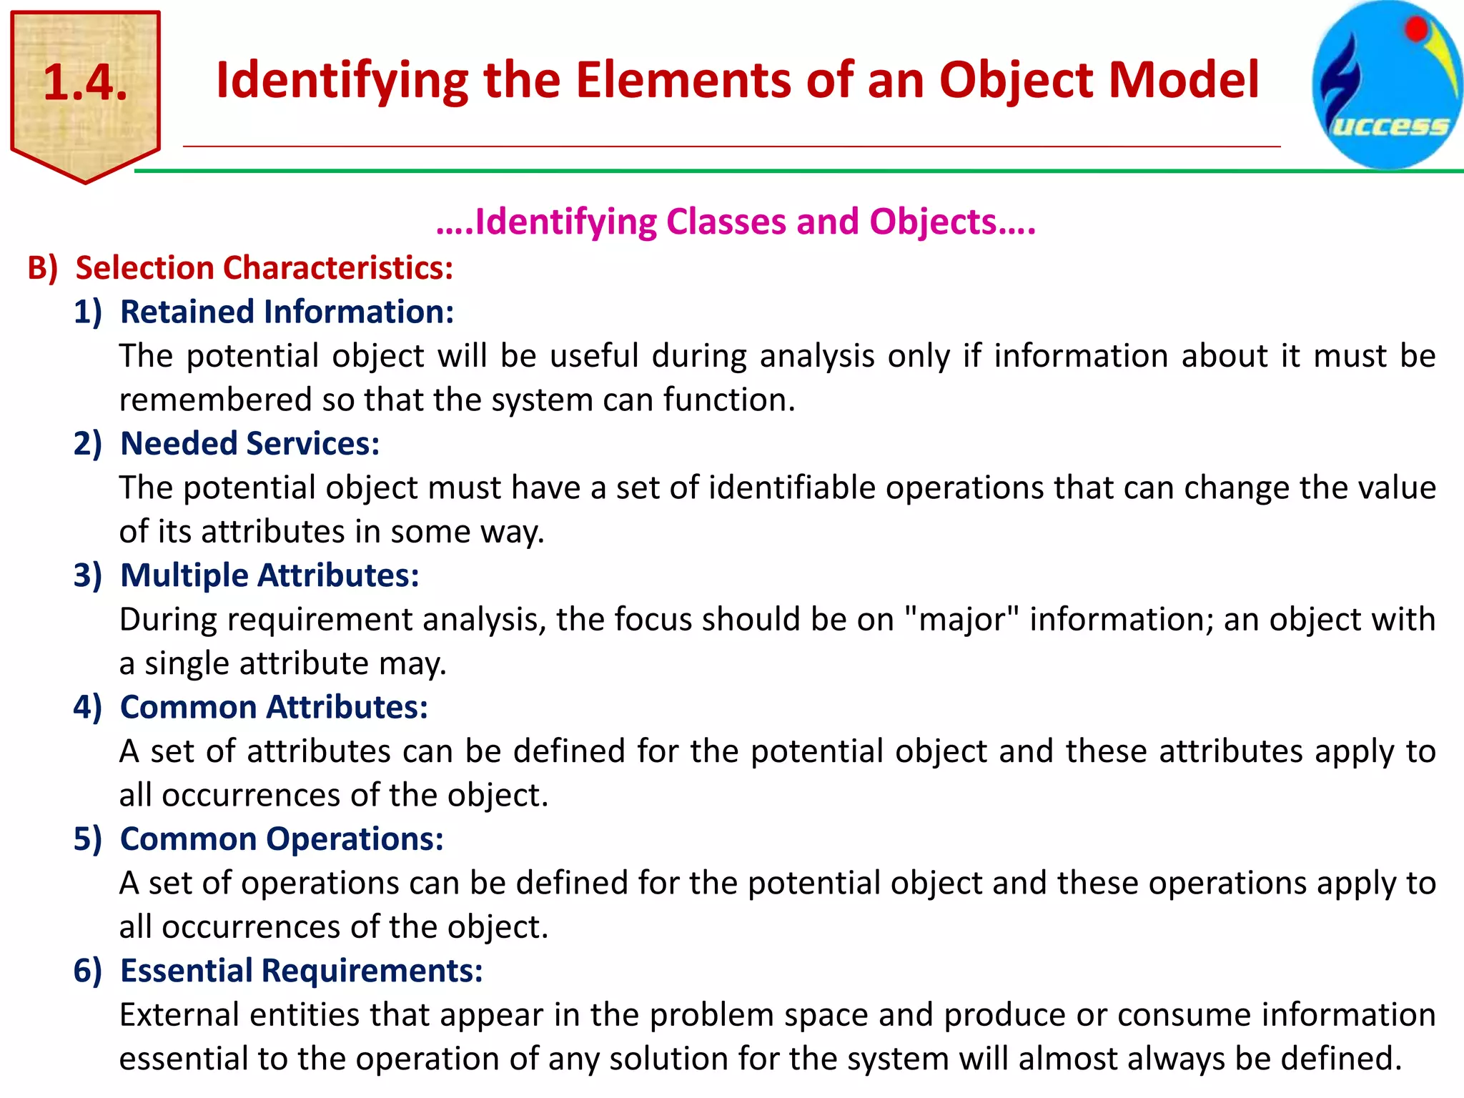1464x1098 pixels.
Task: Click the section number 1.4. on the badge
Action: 85,83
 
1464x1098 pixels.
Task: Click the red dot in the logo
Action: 1416,29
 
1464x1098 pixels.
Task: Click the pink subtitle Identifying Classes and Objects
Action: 736,222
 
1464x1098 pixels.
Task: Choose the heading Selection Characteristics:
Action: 264,268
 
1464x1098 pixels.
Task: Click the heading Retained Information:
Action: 287,312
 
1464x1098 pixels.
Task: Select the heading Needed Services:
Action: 249,444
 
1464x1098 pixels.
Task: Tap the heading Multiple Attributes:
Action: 269,575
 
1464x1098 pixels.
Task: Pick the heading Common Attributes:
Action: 274,707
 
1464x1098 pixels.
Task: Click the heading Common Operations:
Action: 282,839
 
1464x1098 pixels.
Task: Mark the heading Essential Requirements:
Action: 301,971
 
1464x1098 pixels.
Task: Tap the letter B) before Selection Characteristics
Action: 42,268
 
